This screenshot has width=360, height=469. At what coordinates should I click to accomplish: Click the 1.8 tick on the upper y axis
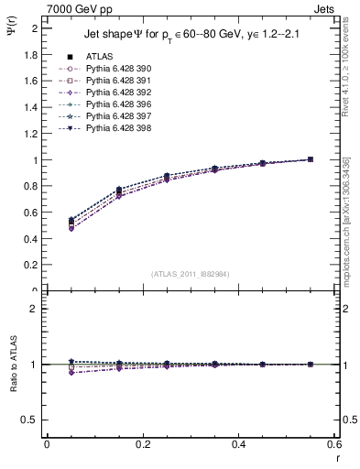(30, 54)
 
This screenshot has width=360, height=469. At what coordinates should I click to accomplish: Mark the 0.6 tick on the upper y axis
(30, 213)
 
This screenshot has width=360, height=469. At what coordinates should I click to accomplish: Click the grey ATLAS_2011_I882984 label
(191, 274)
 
